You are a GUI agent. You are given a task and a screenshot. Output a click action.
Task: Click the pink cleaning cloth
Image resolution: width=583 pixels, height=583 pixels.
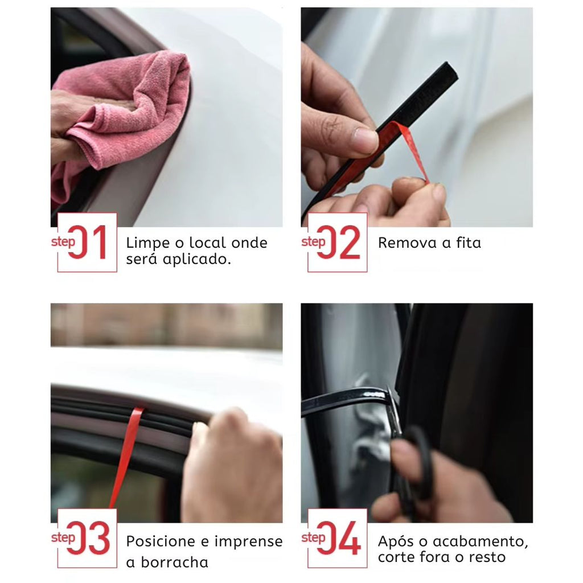[x=119, y=112]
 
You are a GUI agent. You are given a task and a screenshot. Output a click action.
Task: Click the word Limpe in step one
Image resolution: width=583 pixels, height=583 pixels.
[x=147, y=244]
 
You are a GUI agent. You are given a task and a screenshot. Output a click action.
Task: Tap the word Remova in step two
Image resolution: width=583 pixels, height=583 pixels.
[x=407, y=243]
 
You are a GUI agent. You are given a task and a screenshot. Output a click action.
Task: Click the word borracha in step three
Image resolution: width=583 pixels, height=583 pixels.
[x=174, y=562]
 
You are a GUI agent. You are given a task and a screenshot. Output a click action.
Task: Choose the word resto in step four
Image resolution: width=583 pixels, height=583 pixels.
[x=487, y=557]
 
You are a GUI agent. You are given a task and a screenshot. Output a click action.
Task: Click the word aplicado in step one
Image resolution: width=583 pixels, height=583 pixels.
[x=196, y=260]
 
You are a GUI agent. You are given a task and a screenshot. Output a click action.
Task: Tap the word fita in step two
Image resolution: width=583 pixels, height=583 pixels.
[x=469, y=243]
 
